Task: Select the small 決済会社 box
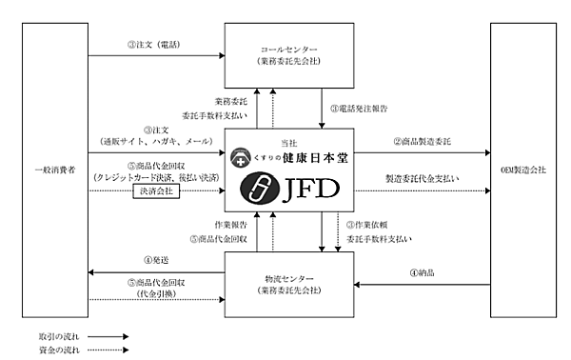[x=156, y=190]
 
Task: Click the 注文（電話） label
[x=151, y=44]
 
